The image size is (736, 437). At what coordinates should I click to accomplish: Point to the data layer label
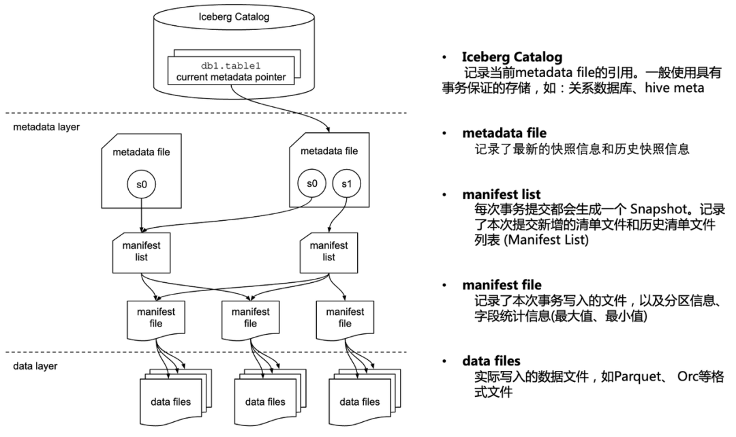[35, 366]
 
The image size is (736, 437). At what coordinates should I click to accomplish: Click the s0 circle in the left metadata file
[142, 184]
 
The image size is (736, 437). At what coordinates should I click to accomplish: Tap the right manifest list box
[329, 252]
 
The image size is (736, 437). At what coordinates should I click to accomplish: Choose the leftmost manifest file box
[156, 319]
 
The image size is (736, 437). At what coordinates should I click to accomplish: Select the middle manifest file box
[250, 319]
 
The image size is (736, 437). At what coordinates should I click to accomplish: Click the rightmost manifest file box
[345, 319]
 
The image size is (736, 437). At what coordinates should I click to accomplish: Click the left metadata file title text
[141, 152]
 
